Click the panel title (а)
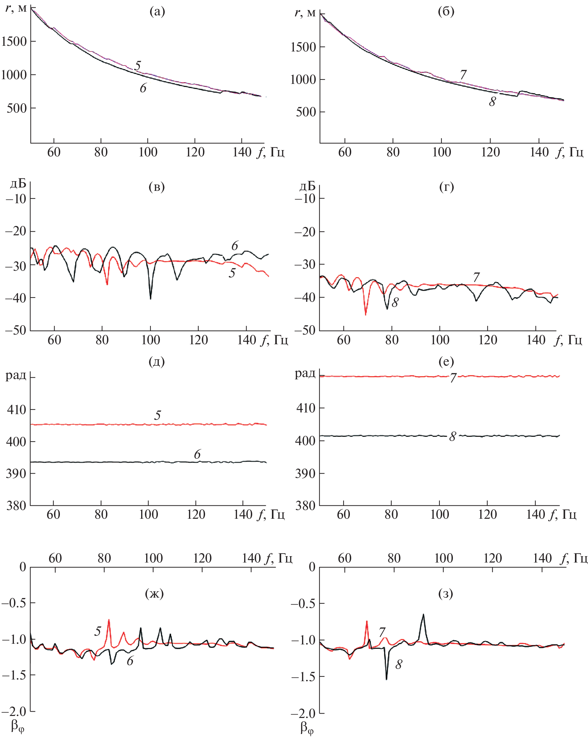pyautogui.click(x=157, y=12)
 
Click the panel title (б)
pyautogui.click(x=446, y=12)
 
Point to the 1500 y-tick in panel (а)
pyautogui.click(x=14, y=42)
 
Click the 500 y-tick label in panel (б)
pyautogui.click(x=305, y=112)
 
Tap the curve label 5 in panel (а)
pyautogui.click(x=137, y=65)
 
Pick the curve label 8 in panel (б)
pyautogui.click(x=492, y=102)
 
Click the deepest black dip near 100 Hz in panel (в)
pyautogui.click(x=151, y=298)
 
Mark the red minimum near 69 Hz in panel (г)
pyautogui.click(x=366, y=314)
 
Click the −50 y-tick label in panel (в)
pyautogui.click(x=16, y=331)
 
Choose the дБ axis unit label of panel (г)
pyautogui.click(x=307, y=186)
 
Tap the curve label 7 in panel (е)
pyautogui.click(x=453, y=378)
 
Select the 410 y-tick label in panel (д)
pyautogui.click(x=16, y=409)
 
